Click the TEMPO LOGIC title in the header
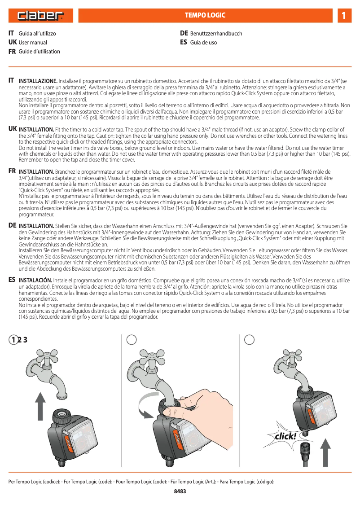pos(205,16)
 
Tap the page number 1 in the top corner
pos(343,16)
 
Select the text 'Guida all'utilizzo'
pos(37,34)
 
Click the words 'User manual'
pos(33,43)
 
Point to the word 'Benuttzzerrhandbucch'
pos(216,34)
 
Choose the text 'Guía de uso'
pos(203,43)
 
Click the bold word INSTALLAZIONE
pos(38,81)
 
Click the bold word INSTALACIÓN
pos(37,280)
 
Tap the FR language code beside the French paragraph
pos(12,171)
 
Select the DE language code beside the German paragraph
pos(13,225)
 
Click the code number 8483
pos(180,491)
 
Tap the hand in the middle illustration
pos(202,402)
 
